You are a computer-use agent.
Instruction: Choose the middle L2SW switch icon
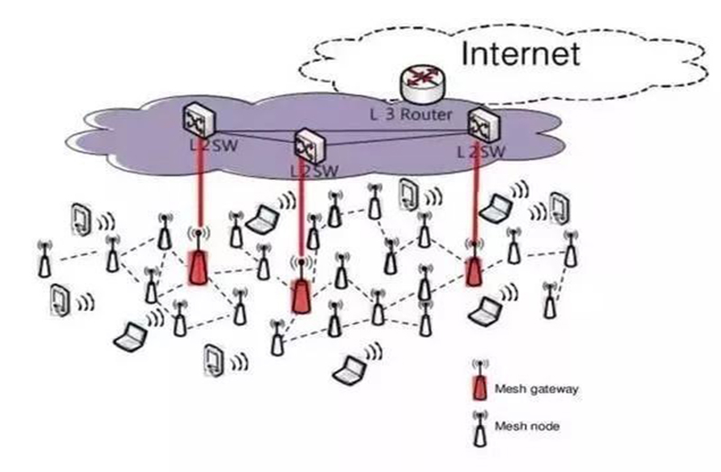[307, 145]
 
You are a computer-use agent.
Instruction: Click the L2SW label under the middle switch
[314, 170]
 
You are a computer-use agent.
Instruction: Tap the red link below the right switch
[474, 198]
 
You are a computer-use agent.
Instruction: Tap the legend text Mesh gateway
[536, 389]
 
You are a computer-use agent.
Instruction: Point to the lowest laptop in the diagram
[350, 368]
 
